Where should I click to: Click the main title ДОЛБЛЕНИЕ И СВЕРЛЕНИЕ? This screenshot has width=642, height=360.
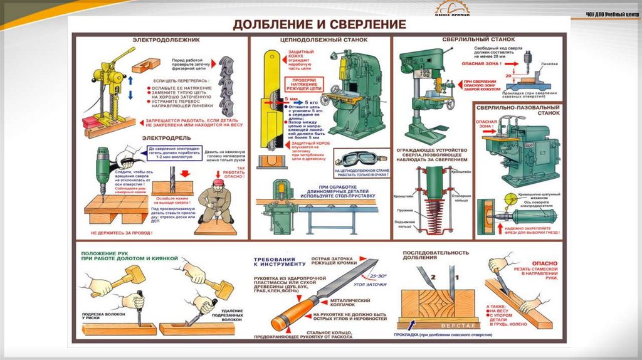point(320,25)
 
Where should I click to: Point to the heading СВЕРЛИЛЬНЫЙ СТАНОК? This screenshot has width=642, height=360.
point(468,40)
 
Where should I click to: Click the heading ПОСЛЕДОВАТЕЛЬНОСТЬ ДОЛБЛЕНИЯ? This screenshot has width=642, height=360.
point(435,256)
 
